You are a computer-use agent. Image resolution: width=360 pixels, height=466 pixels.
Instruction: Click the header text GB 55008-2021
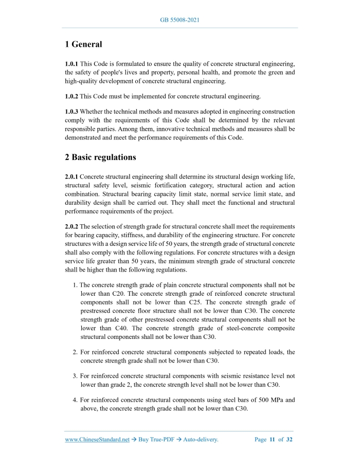pyautogui.click(x=180, y=20)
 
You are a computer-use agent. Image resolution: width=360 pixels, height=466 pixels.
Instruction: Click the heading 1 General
pyautogui.click(x=83, y=45)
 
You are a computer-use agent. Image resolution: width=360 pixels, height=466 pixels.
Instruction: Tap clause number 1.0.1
pyautogui.click(x=71, y=64)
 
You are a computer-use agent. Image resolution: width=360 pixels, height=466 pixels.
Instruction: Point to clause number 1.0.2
pyautogui.click(x=71, y=96)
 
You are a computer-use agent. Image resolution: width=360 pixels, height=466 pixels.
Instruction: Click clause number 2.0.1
pyautogui.click(x=71, y=176)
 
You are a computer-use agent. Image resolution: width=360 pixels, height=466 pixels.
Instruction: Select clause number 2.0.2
pyautogui.click(x=71, y=226)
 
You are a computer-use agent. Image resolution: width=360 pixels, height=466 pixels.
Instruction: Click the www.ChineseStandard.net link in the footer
pyautogui.click(x=97, y=440)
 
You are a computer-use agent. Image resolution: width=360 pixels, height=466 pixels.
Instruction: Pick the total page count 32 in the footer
pyautogui.click(x=289, y=440)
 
